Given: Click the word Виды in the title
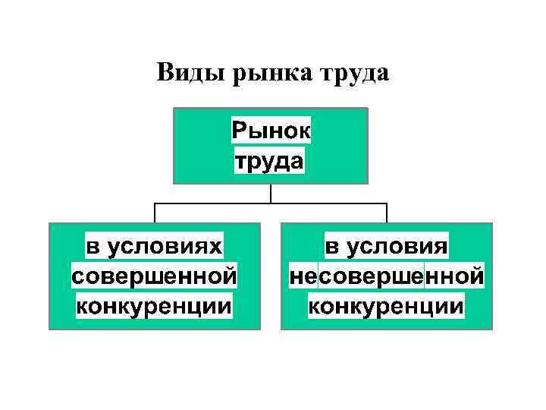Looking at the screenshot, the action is [x=187, y=73].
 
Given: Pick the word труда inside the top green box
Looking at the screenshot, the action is [x=270, y=160].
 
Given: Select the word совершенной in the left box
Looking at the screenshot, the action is [x=155, y=276].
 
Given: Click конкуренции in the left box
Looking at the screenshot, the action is [x=155, y=305].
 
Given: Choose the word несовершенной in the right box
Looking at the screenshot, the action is [x=387, y=276].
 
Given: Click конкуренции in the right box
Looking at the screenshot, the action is [x=387, y=305].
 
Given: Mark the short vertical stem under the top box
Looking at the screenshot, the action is [x=271, y=194].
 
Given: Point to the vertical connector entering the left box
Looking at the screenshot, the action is [x=155, y=213].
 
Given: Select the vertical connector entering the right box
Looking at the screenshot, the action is [x=387, y=213].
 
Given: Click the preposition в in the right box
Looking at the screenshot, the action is [x=333, y=248].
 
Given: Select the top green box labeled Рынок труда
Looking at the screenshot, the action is [x=197, y=144].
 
